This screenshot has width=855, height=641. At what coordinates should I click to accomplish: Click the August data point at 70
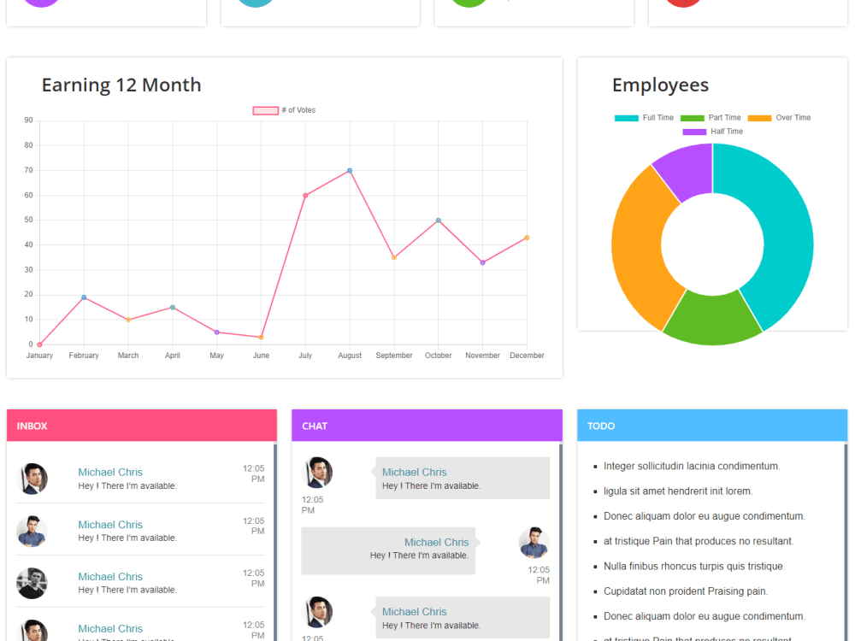(x=350, y=171)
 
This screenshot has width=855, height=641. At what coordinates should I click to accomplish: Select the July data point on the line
(x=305, y=196)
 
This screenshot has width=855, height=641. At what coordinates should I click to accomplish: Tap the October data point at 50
(x=439, y=221)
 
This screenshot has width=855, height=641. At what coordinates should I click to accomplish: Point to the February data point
(x=84, y=297)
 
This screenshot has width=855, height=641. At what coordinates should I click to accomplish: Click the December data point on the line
(x=527, y=238)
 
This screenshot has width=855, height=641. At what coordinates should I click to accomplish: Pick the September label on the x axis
(x=394, y=356)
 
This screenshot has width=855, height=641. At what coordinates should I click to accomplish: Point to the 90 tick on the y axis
(x=29, y=121)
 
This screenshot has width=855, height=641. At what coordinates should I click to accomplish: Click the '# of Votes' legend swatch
(x=265, y=110)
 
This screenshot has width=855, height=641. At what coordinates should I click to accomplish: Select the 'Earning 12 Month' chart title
(x=121, y=85)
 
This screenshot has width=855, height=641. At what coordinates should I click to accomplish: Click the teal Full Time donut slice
(x=774, y=231)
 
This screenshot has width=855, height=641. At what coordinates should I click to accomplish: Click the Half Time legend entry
(x=713, y=132)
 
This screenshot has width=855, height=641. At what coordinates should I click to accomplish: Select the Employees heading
(x=660, y=85)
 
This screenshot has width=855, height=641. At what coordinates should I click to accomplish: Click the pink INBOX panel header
(x=141, y=426)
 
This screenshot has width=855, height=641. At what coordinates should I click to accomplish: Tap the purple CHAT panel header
(x=427, y=426)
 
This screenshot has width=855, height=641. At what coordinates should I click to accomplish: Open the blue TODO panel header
(x=712, y=426)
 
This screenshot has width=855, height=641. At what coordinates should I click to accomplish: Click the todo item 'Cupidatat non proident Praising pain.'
(x=686, y=591)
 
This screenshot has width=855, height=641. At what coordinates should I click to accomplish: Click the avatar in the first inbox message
(x=32, y=479)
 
